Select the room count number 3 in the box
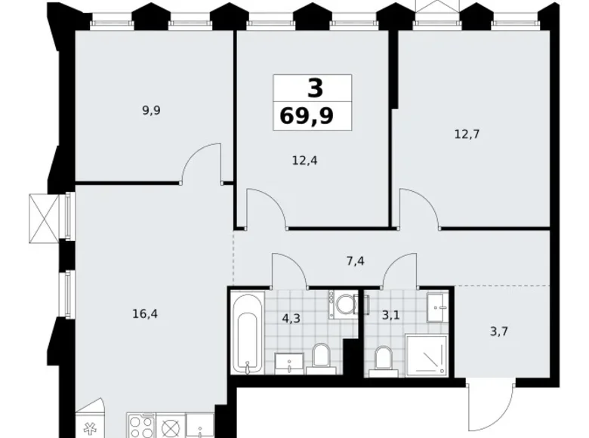coord(314,88)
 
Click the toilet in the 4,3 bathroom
coord(320,357)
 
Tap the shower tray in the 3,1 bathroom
coord(427,353)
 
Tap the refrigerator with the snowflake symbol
coord(93,427)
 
